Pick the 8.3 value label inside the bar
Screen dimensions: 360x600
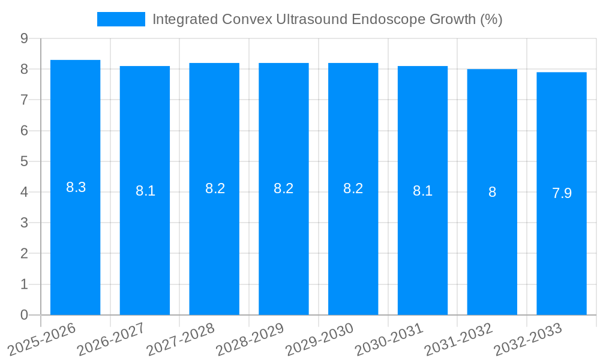pos(76,187)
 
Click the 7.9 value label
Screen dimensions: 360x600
pos(562,193)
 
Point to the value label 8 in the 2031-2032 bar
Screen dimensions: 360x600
pos(492,192)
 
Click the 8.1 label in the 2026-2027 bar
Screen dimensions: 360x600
pos(145,191)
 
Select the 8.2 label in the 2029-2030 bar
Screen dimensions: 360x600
pos(353,188)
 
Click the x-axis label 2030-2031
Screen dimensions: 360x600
pos(389,338)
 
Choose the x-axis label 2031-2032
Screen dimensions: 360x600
pos(459,338)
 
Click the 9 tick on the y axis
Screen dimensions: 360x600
pos(24,38)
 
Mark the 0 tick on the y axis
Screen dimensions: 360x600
pos(24,315)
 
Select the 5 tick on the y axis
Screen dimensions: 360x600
pos(24,161)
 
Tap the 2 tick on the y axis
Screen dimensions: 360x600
pos(24,254)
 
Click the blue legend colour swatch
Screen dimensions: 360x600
pos(121,19)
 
